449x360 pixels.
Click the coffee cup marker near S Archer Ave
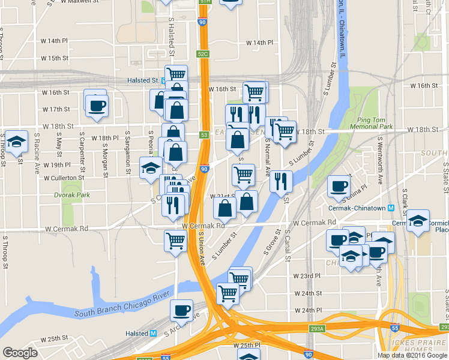[181, 311]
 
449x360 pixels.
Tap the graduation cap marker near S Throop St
[17, 142]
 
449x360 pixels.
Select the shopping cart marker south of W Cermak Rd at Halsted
[175, 241]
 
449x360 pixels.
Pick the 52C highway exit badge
[202, 54]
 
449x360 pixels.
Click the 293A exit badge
[316, 328]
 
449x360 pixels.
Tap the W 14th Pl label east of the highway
[259, 43]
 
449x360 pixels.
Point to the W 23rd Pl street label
[309, 275]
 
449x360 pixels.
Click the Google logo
[20, 352]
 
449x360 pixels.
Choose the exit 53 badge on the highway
[205, 136]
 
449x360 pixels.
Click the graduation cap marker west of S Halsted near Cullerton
[150, 167]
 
